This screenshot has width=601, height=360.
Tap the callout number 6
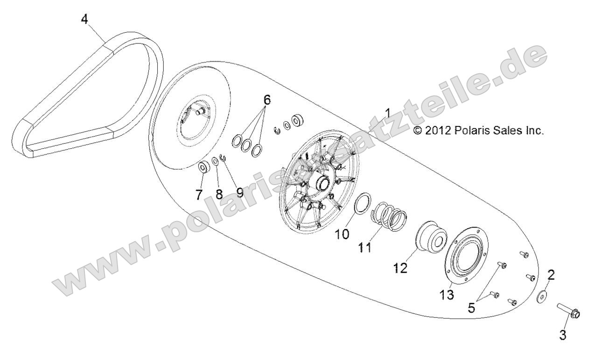click(x=280, y=100)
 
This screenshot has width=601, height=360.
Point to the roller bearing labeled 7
click(x=203, y=167)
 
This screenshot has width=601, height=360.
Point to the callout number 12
click(x=401, y=268)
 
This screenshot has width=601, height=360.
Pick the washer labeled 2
click(x=543, y=297)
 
